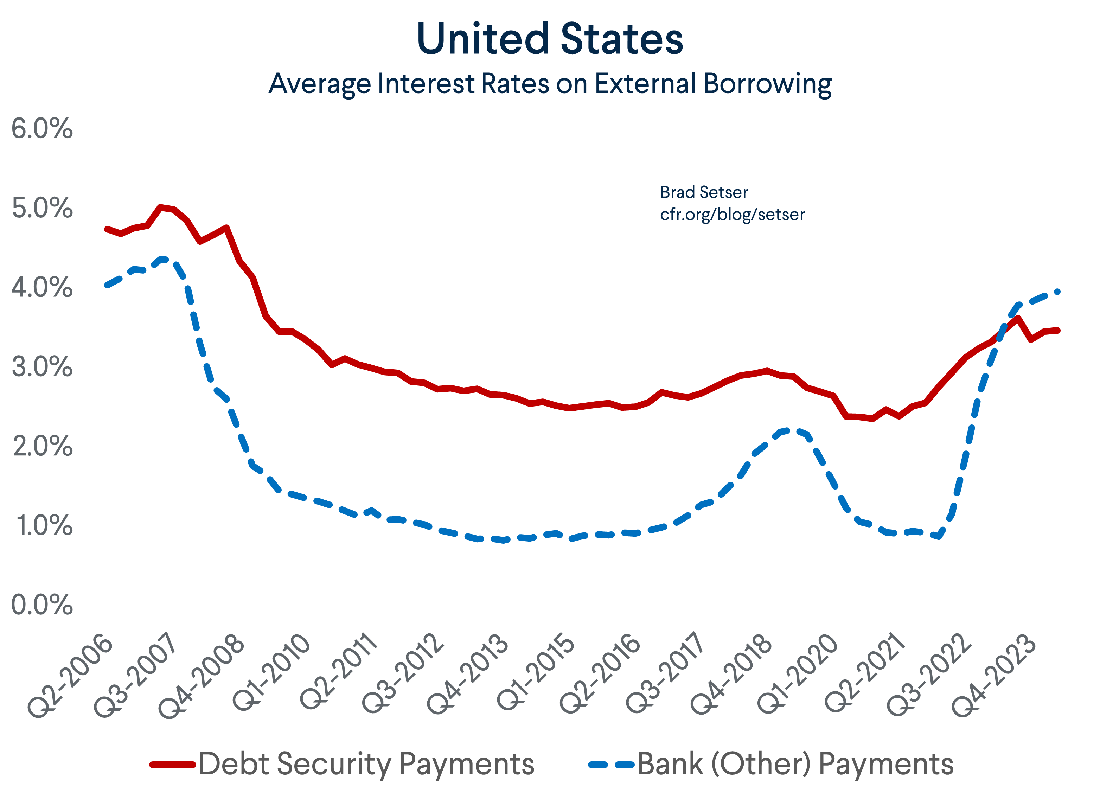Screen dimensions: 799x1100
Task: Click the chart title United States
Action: pyautogui.click(x=550, y=39)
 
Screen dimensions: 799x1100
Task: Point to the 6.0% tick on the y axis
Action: pyautogui.click(x=42, y=129)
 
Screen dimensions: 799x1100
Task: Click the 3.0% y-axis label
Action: pyautogui.click(x=42, y=367)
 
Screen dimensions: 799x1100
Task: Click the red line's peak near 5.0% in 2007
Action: pyautogui.click(x=161, y=207)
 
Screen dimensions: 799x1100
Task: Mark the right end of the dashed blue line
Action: pyautogui.click(x=1057, y=292)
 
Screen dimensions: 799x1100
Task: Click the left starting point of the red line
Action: pyautogui.click(x=107, y=229)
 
